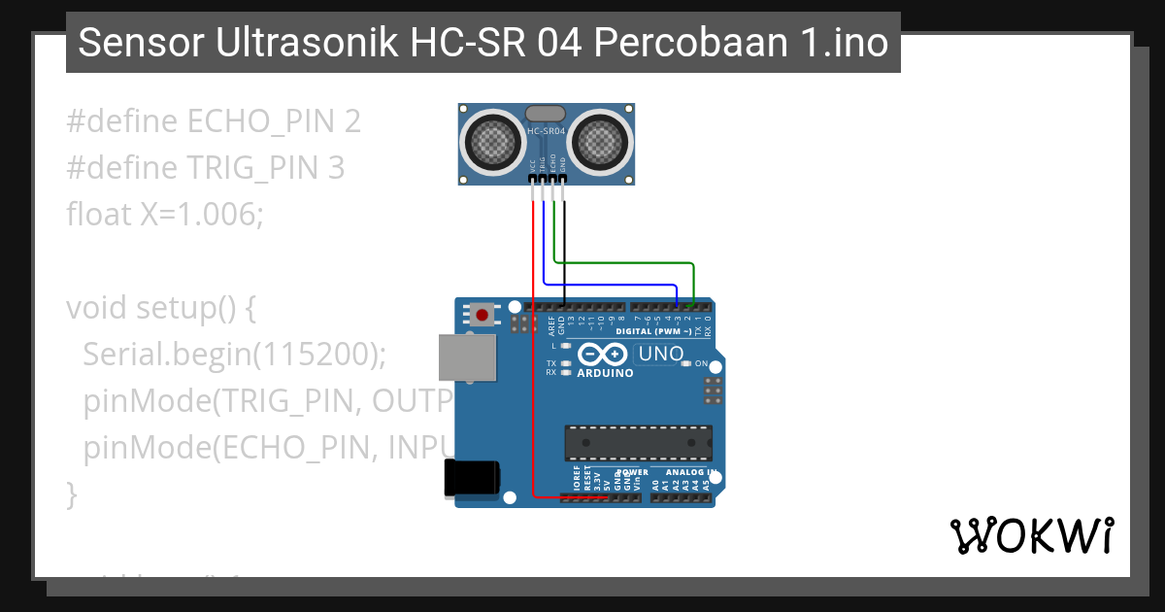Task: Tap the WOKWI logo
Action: click(x=1031, y=535)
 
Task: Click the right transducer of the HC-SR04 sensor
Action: click(x=600, y=143)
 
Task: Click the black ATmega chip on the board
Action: click(x=639, y=442)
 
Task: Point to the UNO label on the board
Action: click(x=661, y=355)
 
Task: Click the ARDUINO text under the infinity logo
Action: click(x=605, y=373)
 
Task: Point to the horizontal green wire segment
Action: click(x=621, y=262)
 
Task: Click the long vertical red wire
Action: click(x=533, y=350)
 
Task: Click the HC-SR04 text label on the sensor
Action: click(x=546, y=130)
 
